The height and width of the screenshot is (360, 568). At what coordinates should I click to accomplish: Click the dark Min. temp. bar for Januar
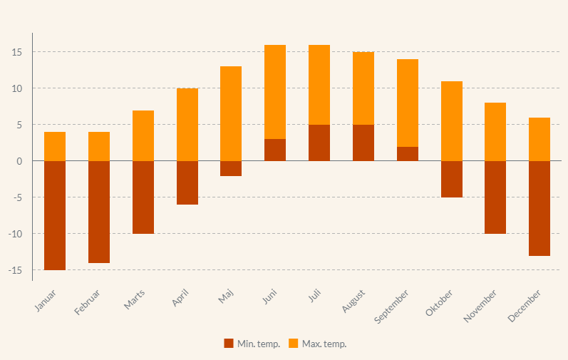55,215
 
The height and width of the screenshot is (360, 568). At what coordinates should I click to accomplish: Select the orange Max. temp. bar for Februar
99,146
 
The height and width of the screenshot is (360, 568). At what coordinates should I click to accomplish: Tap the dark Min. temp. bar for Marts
143,197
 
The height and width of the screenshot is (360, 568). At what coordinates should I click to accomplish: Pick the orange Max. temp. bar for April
187,125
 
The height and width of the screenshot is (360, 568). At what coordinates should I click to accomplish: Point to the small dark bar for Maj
231,168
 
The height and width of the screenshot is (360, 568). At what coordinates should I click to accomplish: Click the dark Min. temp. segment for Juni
275,150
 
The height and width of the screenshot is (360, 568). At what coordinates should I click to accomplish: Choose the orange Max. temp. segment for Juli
319,85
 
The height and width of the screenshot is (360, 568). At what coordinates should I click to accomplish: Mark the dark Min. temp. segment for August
363,143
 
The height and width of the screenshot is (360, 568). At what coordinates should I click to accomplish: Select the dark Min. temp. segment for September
408,153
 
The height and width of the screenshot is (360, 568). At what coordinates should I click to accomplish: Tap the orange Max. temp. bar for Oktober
452,121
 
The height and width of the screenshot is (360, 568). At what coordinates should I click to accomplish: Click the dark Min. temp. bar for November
495,197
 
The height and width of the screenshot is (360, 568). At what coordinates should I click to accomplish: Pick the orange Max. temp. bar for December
539,139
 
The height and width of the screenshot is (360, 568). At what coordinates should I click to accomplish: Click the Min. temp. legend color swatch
229,344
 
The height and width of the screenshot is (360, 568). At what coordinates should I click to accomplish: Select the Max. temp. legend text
324,344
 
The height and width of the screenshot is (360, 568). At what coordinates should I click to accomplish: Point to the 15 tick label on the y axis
17,52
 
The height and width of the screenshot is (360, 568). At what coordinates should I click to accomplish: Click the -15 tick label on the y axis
15,270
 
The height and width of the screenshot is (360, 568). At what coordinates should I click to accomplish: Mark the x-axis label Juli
314,296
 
